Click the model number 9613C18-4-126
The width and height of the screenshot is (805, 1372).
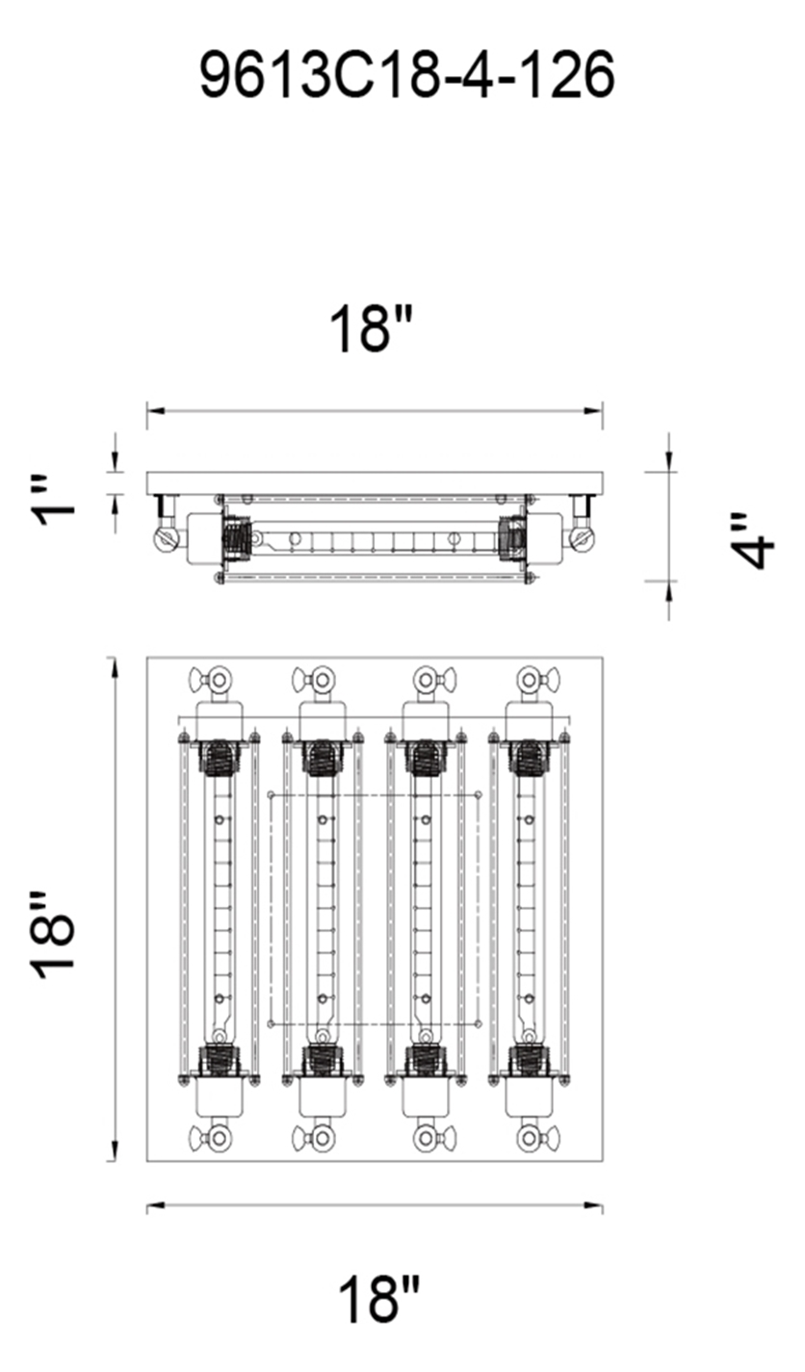click(406, 75)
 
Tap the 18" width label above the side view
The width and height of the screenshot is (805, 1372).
click(372, 329)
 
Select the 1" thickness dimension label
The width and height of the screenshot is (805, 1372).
click(56, 499)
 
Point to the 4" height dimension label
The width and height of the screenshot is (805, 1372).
click(752, 541)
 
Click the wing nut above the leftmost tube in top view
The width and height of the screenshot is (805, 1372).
click(211, 680)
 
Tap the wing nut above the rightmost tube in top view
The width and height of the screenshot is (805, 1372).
click(538, 680)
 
